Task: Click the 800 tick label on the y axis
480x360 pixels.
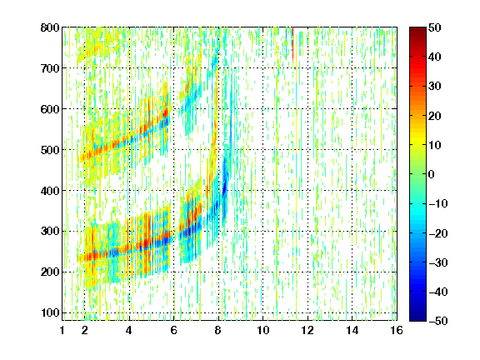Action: tap(50, 27)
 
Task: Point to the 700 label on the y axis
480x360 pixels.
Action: tap(50, 68)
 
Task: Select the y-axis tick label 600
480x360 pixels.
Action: tap(50, 109)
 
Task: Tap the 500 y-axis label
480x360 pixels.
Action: tap(50, 150)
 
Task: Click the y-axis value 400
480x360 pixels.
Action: tap(50, 191)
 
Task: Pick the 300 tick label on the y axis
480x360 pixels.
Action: tap(50, 231)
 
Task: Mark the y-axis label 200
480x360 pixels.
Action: tap(50, 272)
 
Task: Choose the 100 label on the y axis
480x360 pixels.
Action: tap(50, 312)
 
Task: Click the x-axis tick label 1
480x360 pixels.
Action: tap(62, 330)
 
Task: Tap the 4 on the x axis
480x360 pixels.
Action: tap(129, 330)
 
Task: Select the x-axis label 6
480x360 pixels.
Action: tap(173, 330)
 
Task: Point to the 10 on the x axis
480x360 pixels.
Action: tap(263, 330)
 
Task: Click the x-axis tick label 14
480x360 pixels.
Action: tap(352, 330)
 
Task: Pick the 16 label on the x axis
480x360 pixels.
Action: tap(397, 330)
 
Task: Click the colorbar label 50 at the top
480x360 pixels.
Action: tap(434, 27)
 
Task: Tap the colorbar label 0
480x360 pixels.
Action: tap(432, 174)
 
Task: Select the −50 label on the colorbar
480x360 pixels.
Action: tap(438, 321)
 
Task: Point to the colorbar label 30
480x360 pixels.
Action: tap(434, 87)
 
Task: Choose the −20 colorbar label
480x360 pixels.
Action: tap(438, 233)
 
